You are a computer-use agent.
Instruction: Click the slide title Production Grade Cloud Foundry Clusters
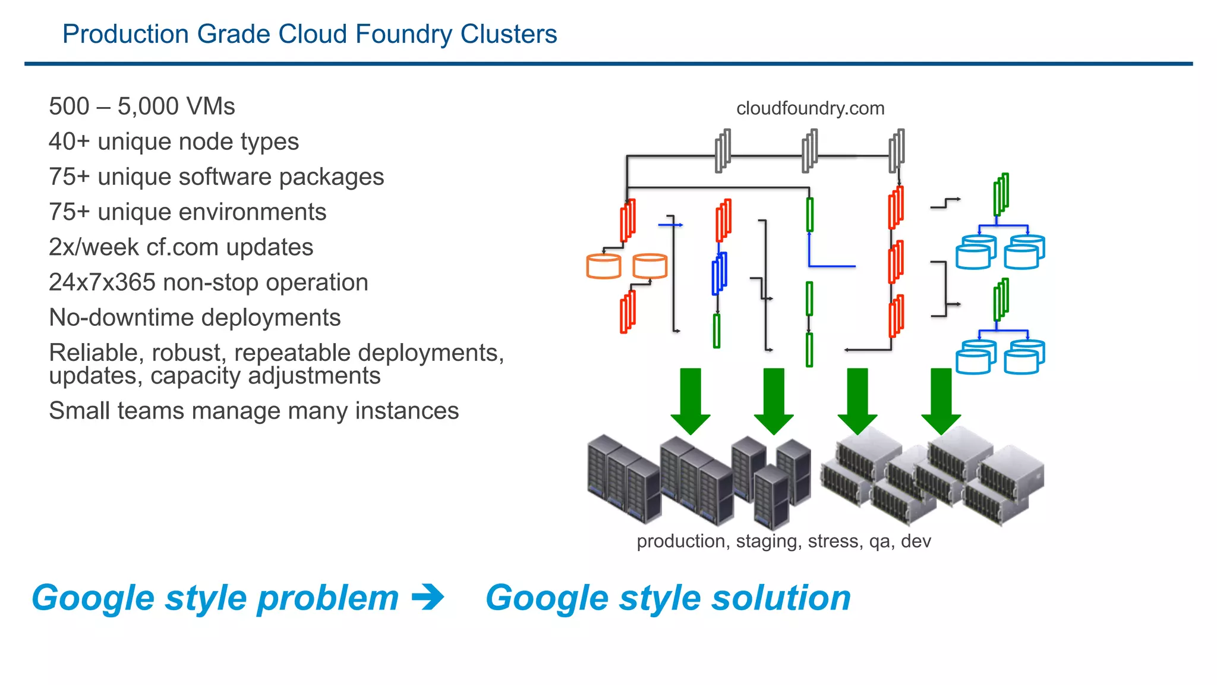click(310, 34)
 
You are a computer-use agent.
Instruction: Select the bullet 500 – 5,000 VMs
click(141, 106)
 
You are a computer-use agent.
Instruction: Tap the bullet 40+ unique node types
click(174, 142)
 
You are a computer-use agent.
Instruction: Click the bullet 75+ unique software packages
click(216, 177)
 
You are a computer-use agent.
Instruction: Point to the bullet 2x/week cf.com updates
click(181, 247)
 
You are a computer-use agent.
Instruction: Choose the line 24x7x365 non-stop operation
click(208, 282)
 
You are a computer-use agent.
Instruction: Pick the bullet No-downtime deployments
click(194, 317)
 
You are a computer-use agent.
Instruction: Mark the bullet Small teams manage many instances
click(254, 410)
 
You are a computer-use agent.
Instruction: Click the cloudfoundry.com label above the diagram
click(810, 108)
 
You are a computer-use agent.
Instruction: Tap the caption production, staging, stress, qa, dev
click(783, 541)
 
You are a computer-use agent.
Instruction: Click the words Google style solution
click(668, 598)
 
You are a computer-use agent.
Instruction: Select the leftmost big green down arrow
click(690, 400)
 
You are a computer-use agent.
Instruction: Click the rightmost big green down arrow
click(941, 400)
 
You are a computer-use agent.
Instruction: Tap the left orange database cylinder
click(603, 266)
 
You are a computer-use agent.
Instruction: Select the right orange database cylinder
click(650, 266)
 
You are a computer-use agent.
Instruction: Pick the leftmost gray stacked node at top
click(722, 151)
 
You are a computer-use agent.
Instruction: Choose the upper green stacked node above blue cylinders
click(1001, 194)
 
